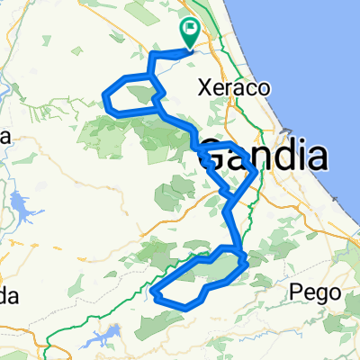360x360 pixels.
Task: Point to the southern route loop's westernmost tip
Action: pyautogui.click(x=154, y=292)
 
